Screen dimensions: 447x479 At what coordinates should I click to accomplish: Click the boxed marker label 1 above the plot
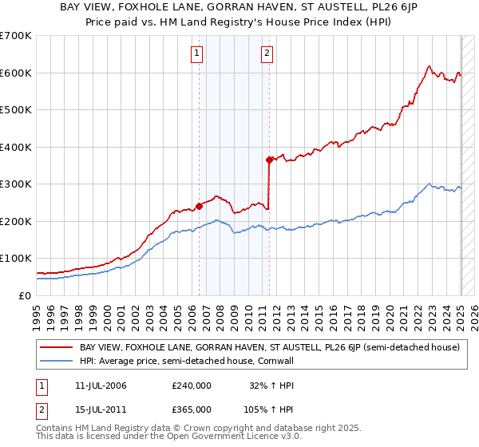(196, 54)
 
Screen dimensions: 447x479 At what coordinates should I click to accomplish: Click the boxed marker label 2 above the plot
(267, 54)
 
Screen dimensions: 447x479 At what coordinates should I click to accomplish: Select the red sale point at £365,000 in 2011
(269, 160)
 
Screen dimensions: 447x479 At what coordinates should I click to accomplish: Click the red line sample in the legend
(57, 347)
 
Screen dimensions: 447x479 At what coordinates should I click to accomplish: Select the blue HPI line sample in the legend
(57, 361)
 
